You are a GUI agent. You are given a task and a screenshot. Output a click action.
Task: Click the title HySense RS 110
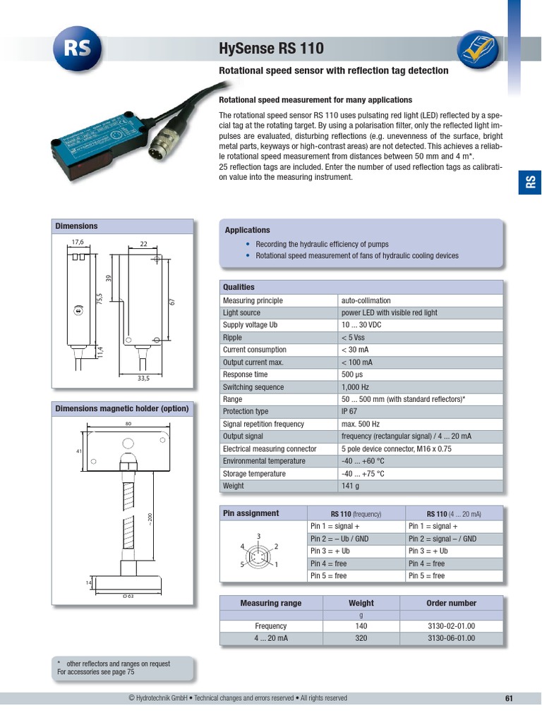click(x=272, y=49)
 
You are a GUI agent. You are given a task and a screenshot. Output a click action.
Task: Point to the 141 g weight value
click(x=351, y=486)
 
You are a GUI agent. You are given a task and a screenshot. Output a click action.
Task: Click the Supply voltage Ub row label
click(x=250, y=325)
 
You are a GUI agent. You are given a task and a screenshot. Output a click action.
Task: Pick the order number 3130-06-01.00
click(x=451, y=638)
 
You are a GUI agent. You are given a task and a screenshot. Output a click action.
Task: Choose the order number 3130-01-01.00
click(x=451, y=626)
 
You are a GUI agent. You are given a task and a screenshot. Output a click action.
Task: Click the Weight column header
click(x=361, y=604)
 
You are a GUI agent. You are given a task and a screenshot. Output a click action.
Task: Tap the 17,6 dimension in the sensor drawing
click(x=78, y=242)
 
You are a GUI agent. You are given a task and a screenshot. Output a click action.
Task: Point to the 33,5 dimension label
click(x=143, y=378)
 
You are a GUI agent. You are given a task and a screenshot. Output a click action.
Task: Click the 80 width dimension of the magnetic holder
click(x=128, y=424)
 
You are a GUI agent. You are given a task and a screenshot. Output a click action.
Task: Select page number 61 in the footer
click(x=509, y=699)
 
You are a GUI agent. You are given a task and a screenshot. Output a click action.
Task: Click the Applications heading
click(x=247, y=230)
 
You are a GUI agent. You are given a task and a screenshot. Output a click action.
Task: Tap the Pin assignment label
click(x=251, y=513)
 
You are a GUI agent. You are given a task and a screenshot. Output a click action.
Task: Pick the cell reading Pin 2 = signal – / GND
click(x=442, y=539)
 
